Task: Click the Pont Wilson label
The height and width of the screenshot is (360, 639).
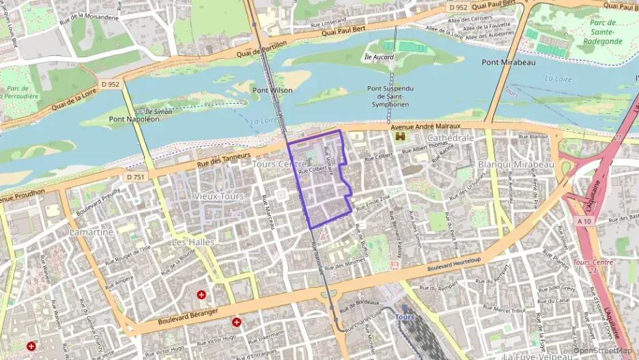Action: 272,90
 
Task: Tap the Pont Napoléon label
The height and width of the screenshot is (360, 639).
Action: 134,119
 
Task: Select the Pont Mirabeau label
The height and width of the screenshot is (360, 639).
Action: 509,62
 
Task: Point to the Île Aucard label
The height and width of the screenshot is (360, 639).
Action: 379,57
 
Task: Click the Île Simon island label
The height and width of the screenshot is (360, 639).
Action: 158,110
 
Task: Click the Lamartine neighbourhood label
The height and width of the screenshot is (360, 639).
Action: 91,232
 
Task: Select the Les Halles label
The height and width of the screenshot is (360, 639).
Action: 193,242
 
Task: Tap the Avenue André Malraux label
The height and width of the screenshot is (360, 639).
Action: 426,127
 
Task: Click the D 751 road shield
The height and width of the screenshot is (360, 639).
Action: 135,177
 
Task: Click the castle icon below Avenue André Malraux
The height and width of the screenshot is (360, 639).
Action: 401,137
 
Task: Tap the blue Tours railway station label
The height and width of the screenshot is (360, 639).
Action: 405,317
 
